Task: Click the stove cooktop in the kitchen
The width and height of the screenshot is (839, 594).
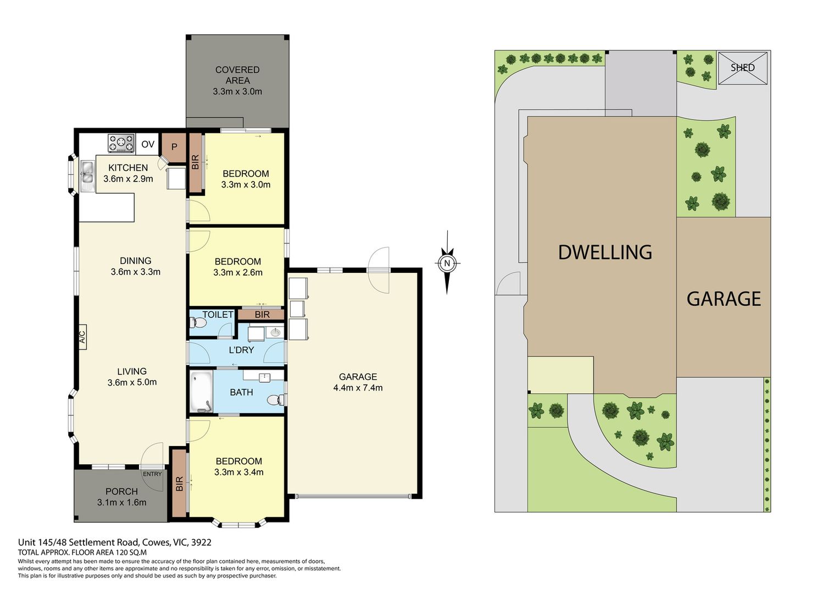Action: [121, 143]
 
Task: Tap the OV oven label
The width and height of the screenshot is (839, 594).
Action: [148, 144]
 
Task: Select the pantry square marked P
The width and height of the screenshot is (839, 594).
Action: [174, 147]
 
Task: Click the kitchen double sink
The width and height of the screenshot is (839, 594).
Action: [87, 176]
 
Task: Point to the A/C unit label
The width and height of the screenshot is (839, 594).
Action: [82, 336]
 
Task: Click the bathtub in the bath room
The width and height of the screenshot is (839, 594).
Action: [201, 391]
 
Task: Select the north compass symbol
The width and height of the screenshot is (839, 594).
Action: [447, 263]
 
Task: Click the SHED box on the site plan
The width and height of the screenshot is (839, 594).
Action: [743, 68]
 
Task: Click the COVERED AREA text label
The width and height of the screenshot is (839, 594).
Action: [237, 75]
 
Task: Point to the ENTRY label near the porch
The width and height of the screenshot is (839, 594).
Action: [152, 474]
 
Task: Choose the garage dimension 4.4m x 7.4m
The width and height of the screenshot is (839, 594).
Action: [358, 388]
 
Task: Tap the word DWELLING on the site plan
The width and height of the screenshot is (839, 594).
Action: [605, 252]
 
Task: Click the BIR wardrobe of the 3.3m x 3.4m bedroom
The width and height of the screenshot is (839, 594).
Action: [179, 483]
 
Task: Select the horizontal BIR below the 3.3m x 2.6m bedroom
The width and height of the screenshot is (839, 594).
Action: [262, 315]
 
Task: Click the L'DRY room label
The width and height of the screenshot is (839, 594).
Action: [241, 350]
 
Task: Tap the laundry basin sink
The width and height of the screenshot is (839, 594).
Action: [275, 332]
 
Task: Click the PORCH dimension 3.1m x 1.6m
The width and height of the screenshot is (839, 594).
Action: [121, 502]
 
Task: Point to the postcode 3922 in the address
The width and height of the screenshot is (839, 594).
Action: [201, 542]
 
